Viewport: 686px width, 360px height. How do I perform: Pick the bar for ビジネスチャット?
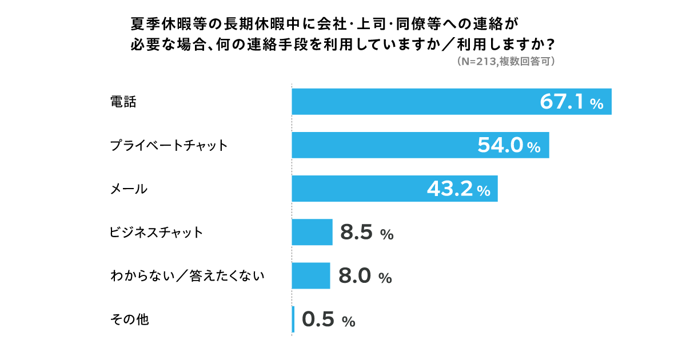tap(312, 232)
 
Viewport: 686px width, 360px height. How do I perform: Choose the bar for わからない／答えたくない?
tap(311, 275)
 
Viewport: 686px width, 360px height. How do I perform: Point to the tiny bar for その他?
tap(293, 319)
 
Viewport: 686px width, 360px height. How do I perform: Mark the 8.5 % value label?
tap(366, 233)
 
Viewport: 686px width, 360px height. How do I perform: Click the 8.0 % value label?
tap(365, 276)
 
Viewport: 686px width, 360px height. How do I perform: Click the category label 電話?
tap(123, 102)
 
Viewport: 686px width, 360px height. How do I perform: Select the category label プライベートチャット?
tap(169, 146)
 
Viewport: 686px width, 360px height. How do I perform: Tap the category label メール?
tap(129, 189)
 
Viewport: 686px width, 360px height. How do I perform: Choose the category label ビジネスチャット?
tap(156, 233)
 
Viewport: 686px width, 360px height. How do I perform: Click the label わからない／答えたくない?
tap(187, 276)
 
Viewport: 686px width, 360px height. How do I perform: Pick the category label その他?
tap(129, 319)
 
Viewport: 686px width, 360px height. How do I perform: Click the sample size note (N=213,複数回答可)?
tap(506, 63)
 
